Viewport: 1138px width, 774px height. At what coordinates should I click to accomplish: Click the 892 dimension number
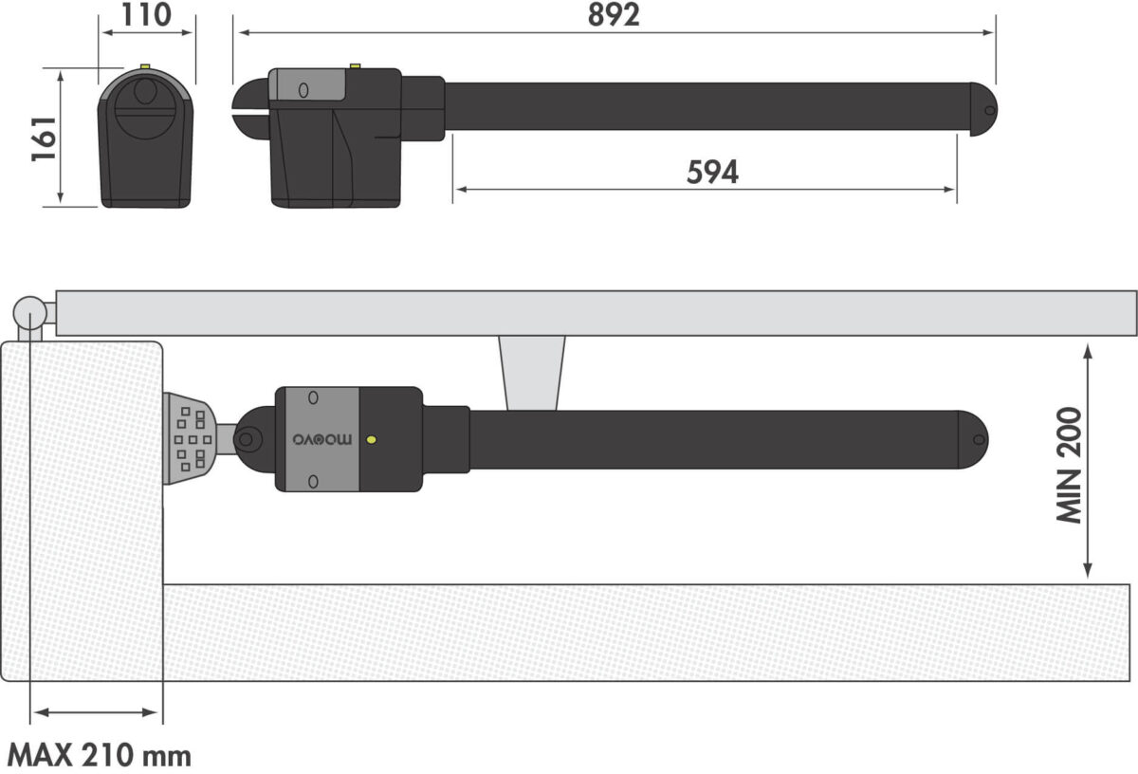614,15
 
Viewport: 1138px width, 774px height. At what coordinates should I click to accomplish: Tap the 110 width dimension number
146,15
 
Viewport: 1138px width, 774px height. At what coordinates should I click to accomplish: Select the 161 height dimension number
45,138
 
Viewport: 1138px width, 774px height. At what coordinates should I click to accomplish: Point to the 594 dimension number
712,172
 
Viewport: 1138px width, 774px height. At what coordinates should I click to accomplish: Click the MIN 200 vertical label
1070,465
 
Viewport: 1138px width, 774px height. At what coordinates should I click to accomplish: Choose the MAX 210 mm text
100,756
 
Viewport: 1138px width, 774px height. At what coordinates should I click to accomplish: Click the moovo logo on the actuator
322,439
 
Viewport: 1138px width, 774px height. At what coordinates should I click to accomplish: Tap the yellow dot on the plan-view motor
372,439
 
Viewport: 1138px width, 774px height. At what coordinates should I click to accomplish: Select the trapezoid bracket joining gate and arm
531,373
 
